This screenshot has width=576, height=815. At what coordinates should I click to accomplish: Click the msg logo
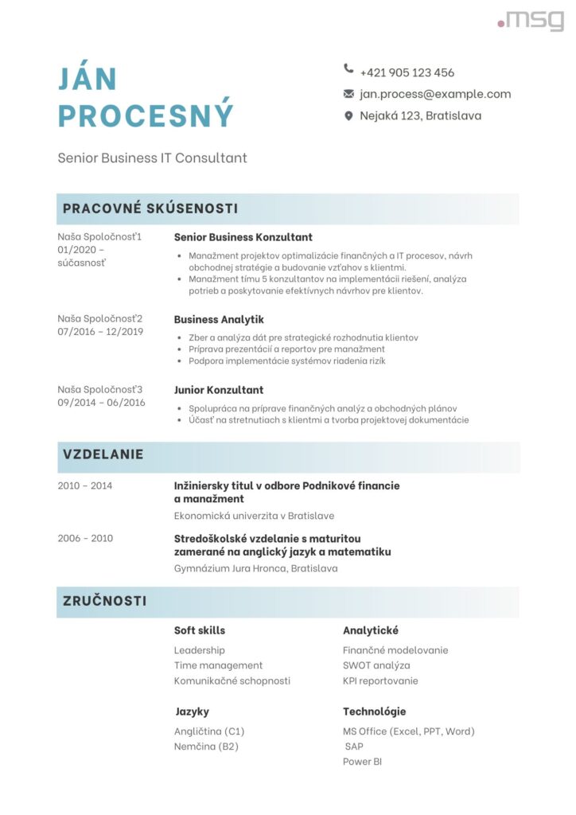coord(531,20)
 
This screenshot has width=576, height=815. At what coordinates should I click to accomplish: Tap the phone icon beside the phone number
coord(348,69)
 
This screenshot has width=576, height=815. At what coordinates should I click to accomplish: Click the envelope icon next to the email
coord(348,94)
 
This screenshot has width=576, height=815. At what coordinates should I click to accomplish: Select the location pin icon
coord(348,116)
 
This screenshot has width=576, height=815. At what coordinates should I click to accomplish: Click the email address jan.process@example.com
coord(435,94)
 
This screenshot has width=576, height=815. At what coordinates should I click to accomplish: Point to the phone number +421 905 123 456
coord(407,72)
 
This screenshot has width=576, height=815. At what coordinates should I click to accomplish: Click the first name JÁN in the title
coord(88,79)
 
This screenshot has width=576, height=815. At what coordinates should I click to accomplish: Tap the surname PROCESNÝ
coord(146,115)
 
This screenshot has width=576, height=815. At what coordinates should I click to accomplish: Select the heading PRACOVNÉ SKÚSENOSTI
coord(150,209)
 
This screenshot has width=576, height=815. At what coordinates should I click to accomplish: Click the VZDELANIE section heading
coord(103,454)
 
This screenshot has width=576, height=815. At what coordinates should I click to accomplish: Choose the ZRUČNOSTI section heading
coord(105,601)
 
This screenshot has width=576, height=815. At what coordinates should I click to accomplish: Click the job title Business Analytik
coord(219,319)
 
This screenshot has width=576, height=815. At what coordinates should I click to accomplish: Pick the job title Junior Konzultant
coord(219,390)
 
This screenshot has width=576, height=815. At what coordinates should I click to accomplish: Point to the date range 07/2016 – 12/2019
coord(100,332)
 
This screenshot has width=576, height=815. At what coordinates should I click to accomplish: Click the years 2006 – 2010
coord(85,538)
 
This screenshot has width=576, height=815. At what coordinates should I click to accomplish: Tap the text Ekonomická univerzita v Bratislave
coord(254,516)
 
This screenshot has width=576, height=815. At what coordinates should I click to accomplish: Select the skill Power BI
coord(362,762)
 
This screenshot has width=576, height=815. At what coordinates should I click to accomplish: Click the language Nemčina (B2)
coord(206,747)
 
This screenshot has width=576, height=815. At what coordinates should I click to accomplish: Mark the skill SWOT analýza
coord(376,665)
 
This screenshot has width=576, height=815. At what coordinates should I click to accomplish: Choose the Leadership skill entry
coord(200,650)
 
